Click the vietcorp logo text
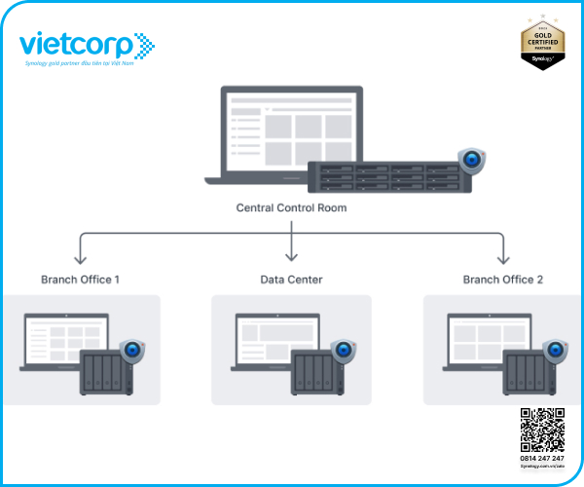[x=78, y=45]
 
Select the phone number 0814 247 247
[x=543, y=458]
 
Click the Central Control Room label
[x=291, y=208]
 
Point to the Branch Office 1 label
[x=81, y=281]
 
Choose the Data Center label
[x=291, y=281]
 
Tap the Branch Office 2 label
[x=503, y=281]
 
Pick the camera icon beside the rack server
[x=471, y=161]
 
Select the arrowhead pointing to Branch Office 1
[x=80, y=259]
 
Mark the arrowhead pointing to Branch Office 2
[x=503, y=259]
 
